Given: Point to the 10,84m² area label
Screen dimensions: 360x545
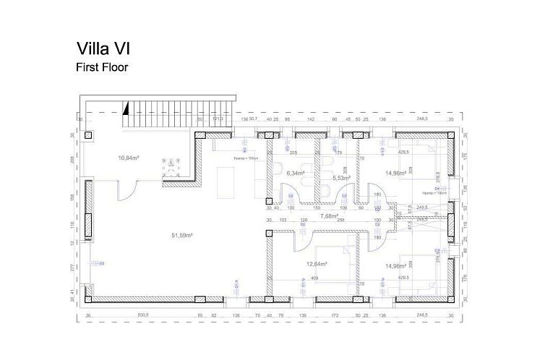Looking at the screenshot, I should (128, 158).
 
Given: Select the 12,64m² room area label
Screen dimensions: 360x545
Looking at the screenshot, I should (317, 264).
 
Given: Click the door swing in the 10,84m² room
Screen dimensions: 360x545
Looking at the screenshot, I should (126, 191).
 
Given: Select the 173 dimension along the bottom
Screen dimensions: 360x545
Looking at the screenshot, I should (334, 315).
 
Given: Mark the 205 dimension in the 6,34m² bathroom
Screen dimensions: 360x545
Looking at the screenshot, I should (293, 153).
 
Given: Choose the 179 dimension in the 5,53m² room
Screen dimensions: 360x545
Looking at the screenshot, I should (338, 153).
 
